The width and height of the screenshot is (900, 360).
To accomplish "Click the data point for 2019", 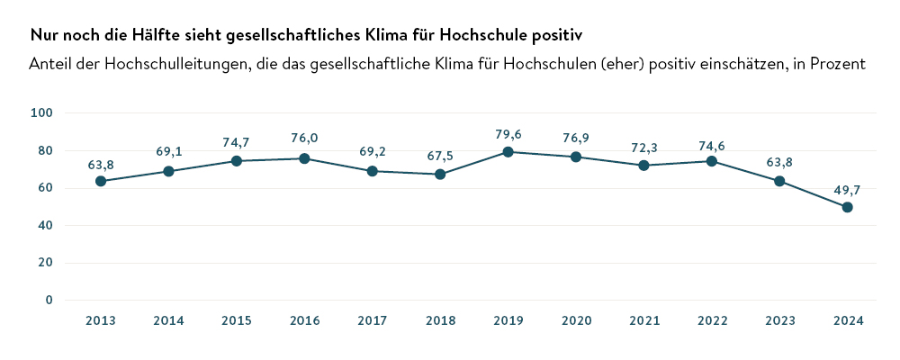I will click(508, 152).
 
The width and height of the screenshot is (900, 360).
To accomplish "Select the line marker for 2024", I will click(847, 207).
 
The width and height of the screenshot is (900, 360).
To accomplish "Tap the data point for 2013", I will click(101, 181).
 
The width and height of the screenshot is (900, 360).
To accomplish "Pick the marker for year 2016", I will click(304, 158).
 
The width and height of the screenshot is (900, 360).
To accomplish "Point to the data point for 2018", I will click(440, 174).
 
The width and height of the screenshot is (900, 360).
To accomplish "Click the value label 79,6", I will click(508, 134).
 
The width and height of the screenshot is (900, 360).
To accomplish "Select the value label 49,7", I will click(848, 189).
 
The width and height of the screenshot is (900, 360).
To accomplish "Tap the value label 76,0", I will click(304, 138).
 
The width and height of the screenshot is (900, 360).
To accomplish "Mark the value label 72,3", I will click(643, 146).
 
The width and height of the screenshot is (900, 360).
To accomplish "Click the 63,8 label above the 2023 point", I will click(779, 163).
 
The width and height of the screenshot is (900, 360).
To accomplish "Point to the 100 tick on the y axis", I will click(42, 112).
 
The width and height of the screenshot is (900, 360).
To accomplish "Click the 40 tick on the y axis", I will click(46, 225).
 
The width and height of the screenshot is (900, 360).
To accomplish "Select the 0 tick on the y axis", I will click(49, 300).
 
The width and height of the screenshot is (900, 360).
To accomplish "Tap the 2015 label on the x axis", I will click(236, 321).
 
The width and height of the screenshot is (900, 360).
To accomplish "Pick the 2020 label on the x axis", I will click(576, 321).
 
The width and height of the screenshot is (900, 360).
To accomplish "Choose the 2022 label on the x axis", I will click(712, 321).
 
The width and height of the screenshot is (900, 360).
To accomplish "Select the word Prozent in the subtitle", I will click(836, 65).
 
